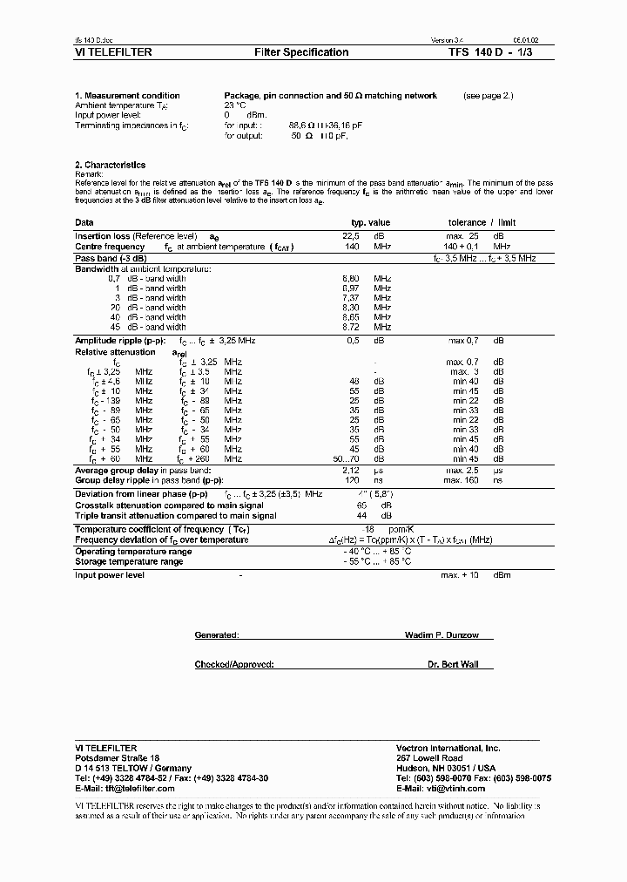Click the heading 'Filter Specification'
pos(301,52)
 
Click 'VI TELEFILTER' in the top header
pos(114,52)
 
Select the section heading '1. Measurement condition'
pos(128,96)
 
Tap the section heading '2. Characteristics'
pos(111,165)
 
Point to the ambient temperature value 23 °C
pos(235,105)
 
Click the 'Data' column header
pos(84,223)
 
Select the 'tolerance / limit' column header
pos(482,223)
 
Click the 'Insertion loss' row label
pos(103,236)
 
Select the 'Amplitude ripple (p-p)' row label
pos(120,341)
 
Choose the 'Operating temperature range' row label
pos(133,552)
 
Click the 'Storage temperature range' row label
pos(129,561)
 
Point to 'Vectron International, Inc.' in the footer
pos(448,748)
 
